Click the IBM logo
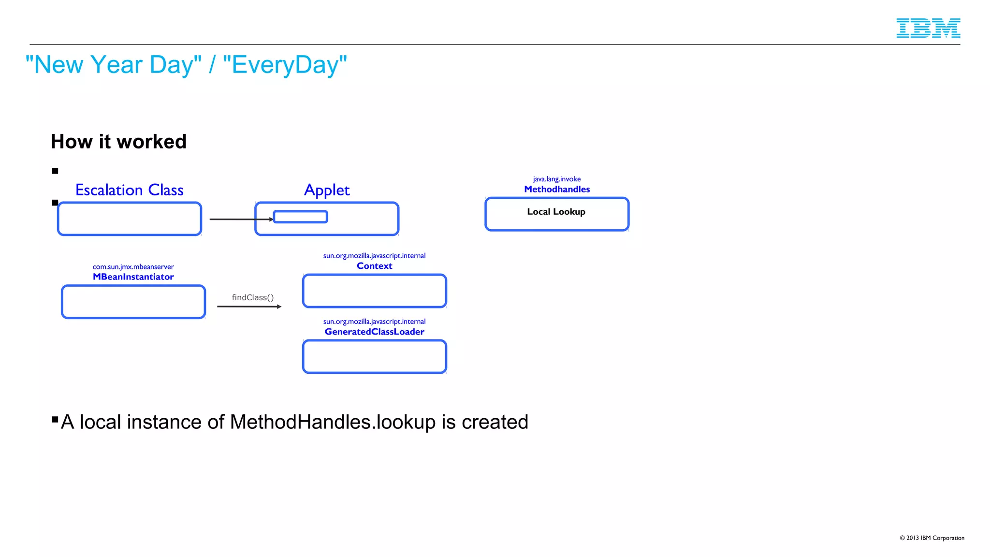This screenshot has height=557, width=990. click(x=928, y=28)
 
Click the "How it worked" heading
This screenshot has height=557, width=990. click(x=118, y=142)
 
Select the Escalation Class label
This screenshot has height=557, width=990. click(x=129, y=190)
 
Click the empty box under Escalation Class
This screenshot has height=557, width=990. click(x=129, y=219)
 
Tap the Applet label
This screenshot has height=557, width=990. click(x=327, y=190)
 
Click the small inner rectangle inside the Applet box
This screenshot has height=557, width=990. click(x=300, y=217)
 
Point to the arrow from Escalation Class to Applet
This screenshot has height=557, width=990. click(x=239, y=220)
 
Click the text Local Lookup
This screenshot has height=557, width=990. click(x=556, y=212)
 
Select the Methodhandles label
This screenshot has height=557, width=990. click(x=557, y=190)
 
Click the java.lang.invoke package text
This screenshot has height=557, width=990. click(x=557, y=179)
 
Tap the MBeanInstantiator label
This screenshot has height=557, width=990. click(x=133, y=277)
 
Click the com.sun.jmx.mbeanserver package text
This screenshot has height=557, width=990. click(x=133, y=267)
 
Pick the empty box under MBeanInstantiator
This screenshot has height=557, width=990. click(x=133, y=302)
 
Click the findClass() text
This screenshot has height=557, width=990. click(x=252, y=297)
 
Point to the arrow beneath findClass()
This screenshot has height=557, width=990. click(x=248, y=307)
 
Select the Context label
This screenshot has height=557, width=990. click(x=374, y=266)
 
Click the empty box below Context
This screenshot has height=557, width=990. click(x=374, y=291)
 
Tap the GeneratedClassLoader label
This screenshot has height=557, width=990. click(x=374, y=332)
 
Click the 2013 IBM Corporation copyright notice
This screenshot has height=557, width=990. click(x=932, y=538)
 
